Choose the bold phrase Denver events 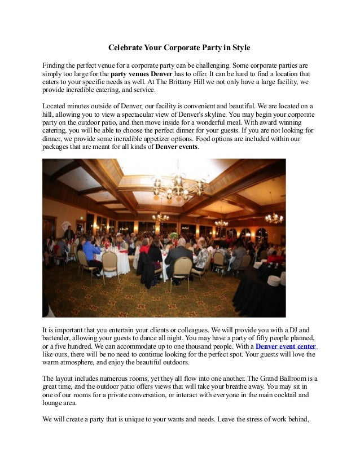tap(177, 147)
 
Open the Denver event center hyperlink tap(286, 346)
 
